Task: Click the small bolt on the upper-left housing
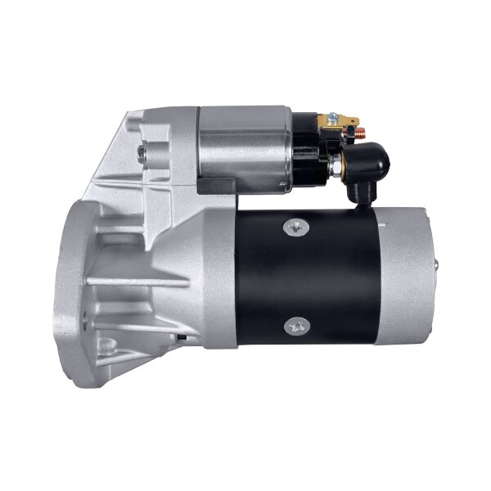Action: pyautogui.click(x=144, y=152)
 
